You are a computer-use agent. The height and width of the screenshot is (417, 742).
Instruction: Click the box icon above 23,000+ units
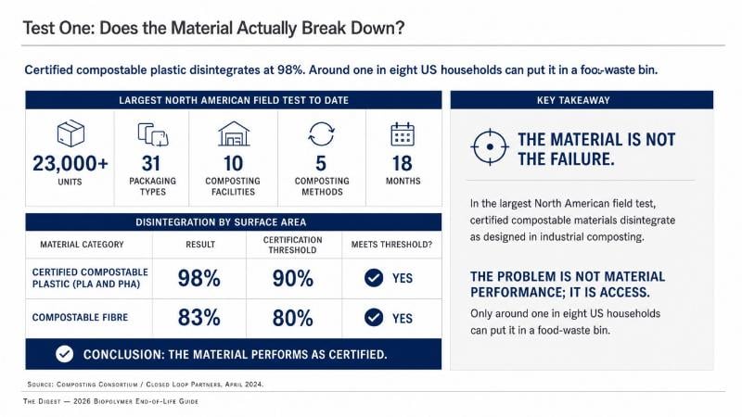click(70, 133)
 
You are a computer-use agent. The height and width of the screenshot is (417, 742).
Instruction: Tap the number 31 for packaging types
click(151, 164)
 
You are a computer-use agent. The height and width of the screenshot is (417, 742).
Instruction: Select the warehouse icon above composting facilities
click(234, 133)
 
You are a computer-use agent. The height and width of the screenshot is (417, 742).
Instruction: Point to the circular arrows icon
click(321, 133)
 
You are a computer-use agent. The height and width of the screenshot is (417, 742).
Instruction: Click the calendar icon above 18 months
click(403, 134)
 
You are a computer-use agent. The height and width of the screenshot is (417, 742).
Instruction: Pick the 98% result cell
click(199, 278)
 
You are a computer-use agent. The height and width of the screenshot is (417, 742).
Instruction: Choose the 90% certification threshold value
click(292, 278)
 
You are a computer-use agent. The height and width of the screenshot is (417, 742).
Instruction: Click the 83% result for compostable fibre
click(199, 318)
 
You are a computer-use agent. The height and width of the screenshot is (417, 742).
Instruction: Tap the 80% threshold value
click(292, 318)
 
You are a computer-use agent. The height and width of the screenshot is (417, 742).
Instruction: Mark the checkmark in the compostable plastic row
click(374, 278)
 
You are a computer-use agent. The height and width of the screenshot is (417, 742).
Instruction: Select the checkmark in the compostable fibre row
click(374, 317)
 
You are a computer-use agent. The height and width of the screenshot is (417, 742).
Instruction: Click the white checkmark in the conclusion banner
click(64, 354)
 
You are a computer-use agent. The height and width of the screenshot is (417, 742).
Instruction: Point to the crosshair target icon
click(490, 147)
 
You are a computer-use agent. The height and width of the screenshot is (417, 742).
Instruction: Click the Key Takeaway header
click(573, 100)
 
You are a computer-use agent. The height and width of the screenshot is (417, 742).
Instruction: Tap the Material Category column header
click(82, 245)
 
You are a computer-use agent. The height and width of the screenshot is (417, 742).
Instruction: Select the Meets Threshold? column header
click(391, 245)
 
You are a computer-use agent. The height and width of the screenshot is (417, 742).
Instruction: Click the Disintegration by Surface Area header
click(221, 222)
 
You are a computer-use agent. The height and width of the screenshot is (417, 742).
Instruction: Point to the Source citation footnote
click(146, 385)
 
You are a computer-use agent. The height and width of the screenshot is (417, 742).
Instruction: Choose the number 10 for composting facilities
click(233, 164)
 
